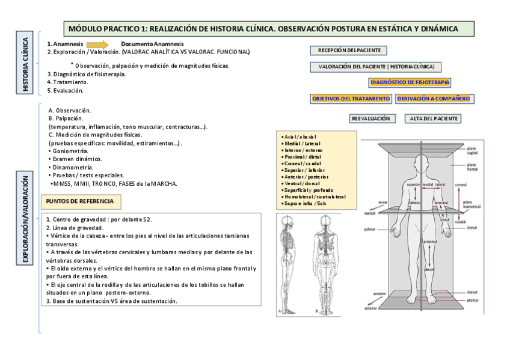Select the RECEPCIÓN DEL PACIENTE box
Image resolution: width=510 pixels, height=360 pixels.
click(349, 51)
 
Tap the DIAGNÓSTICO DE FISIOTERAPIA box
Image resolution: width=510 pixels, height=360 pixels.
click(410, 82)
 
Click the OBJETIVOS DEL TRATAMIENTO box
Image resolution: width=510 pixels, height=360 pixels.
click(351, 98)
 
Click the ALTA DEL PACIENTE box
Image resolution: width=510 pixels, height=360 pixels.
click(432, 118)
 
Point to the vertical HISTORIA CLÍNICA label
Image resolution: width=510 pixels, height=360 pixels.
click(25, 66)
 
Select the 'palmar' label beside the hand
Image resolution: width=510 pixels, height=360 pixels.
click(370, 230)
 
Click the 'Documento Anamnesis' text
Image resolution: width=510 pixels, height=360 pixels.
click(152, 44)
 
